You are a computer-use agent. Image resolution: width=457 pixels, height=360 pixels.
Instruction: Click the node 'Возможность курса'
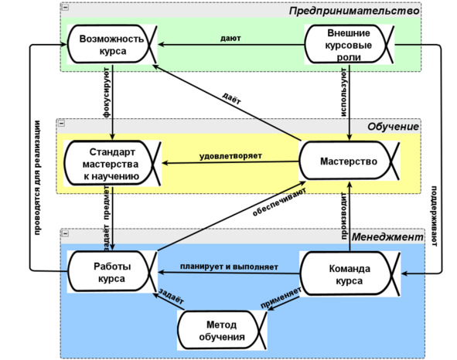112,44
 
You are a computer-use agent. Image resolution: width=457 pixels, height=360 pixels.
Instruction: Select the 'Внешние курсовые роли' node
350,44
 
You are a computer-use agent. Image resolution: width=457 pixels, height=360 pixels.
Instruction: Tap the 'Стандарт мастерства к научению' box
112,164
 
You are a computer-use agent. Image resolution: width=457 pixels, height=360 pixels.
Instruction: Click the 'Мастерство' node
350,161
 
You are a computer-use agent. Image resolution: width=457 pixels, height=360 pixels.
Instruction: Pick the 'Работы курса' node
112,272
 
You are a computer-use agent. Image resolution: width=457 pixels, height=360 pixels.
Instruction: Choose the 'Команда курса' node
350,273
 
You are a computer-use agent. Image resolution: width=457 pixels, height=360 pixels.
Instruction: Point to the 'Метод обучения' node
222,330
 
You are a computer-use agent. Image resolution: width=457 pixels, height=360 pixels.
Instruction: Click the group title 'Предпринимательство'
354,11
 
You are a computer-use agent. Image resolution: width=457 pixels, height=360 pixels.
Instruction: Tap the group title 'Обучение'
393,127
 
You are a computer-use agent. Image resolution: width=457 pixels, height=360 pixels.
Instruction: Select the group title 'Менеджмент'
387,237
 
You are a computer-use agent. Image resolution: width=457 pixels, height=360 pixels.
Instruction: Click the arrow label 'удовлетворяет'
230,156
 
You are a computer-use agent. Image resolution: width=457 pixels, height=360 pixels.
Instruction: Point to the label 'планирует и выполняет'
229,267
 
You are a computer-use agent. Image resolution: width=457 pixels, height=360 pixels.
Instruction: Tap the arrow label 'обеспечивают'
279,202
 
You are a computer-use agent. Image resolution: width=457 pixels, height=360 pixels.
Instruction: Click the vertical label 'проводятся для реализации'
37,178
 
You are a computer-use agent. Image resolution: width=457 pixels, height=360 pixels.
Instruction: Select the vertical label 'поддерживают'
434,216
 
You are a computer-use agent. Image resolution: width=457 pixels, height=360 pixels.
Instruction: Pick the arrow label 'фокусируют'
107,93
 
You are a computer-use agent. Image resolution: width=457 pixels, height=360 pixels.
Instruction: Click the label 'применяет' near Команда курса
281,297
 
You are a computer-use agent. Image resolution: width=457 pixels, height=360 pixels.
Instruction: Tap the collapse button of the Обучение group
62,123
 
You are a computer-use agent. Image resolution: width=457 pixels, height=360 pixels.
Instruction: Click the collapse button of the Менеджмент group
65,233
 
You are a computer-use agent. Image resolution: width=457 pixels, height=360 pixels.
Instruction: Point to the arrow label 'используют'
344,93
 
